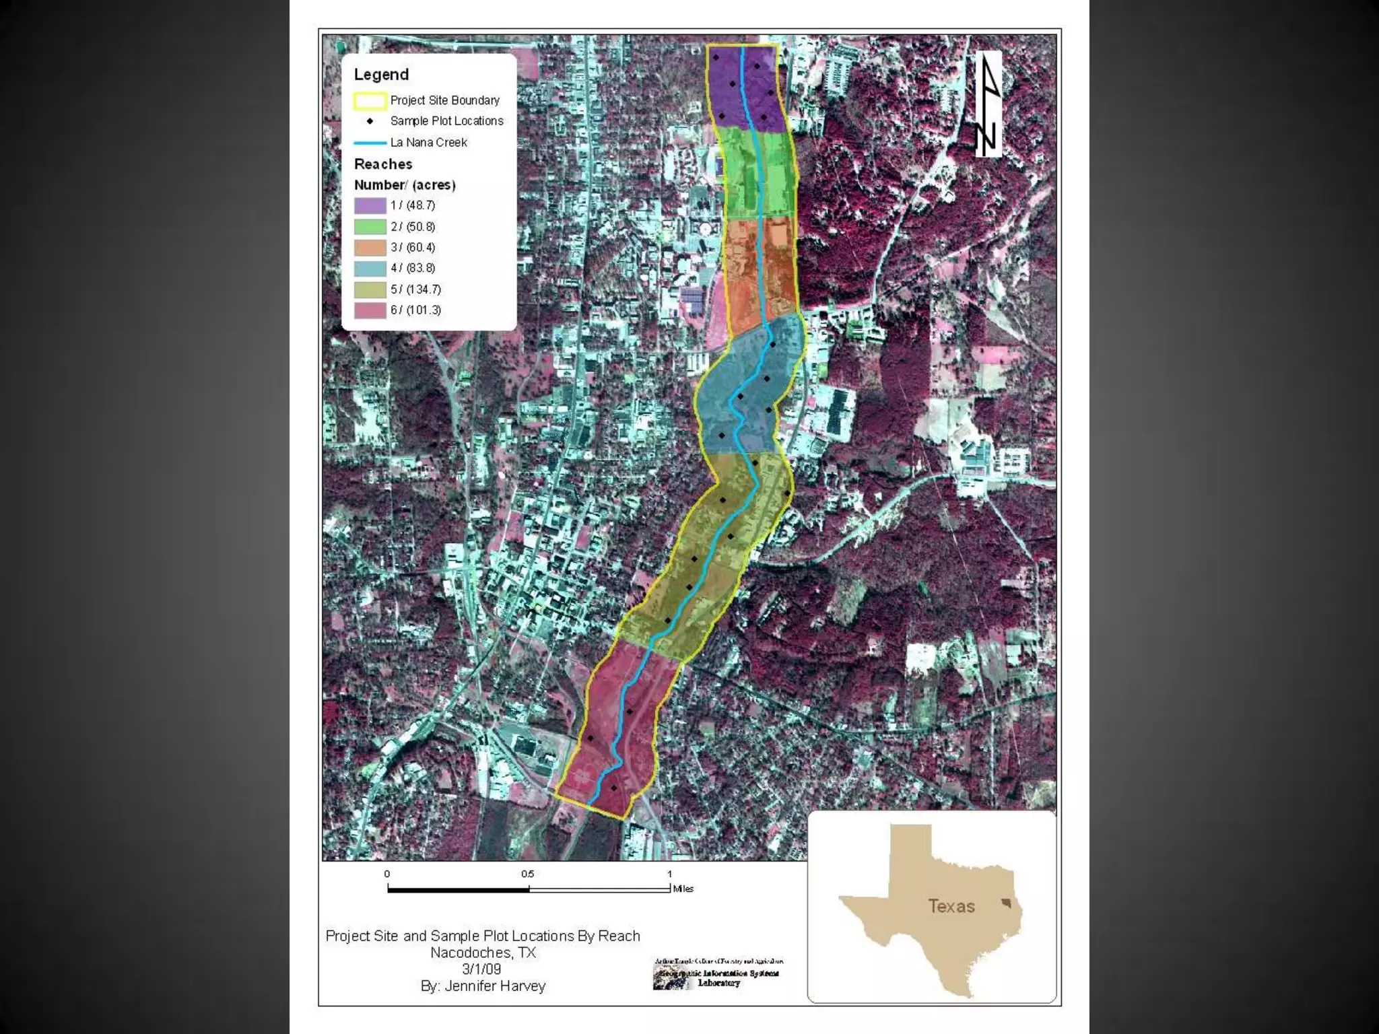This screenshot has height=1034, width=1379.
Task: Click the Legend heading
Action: [381, 75]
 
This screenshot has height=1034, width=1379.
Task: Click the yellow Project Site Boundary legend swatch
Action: [370, 100]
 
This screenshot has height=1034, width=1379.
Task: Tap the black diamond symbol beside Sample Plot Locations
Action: [370, 121]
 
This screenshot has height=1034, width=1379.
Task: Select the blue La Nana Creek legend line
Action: [370, 143]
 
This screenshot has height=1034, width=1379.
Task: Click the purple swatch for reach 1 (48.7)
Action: [370, 205]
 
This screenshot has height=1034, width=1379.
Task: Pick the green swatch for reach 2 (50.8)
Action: [370, 226]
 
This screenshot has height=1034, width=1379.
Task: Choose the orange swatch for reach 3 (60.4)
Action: [370, 247]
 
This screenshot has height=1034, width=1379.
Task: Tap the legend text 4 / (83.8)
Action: [413, 268]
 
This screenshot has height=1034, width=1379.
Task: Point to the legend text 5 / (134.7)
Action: [415, 289]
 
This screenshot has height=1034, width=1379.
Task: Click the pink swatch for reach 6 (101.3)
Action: [370, 310]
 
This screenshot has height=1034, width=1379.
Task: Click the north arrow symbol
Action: [988, 104]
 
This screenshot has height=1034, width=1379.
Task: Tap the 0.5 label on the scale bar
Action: [527, 874]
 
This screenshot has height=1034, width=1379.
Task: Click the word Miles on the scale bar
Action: [683, 889]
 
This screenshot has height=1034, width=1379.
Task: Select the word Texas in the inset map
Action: [951, 906]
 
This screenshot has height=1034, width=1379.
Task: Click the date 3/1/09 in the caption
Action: [481, 969]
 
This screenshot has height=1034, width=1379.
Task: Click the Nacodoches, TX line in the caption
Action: [483, 953]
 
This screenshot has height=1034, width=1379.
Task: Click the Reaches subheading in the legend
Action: [383, 164]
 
